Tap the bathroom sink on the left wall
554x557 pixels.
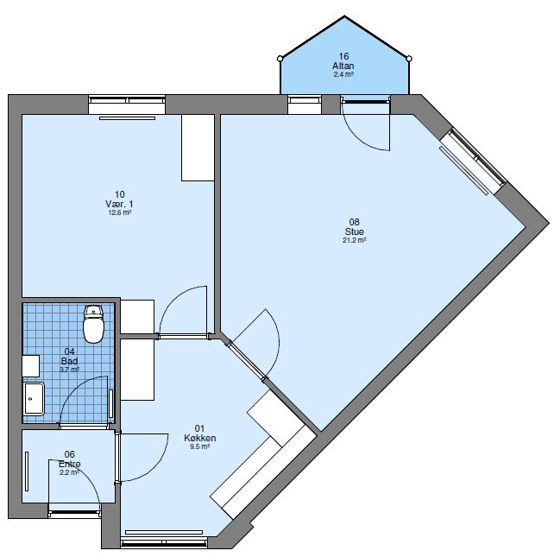[x=33, y=399]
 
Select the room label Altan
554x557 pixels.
[x=343, y=66]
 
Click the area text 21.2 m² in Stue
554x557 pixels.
[x=354, y=241]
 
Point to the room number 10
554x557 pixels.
[x=119, y=194]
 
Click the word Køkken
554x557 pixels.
[x=199, y=438]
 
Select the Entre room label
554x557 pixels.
[x=70, y=464]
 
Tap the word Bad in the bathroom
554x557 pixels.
[x=70, y=361]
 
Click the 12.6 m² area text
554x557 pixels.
[x=119, y=212]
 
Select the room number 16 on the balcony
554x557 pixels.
[x=343, y=57]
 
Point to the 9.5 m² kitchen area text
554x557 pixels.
[x=199, y=447]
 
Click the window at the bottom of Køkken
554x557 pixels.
[x=165, y=542]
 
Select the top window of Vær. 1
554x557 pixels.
[x=126, y=105]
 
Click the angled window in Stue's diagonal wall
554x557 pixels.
[x=473, y=160]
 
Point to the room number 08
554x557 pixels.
[x=354, y=222]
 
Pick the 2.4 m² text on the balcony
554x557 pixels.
[x=343, y=75]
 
